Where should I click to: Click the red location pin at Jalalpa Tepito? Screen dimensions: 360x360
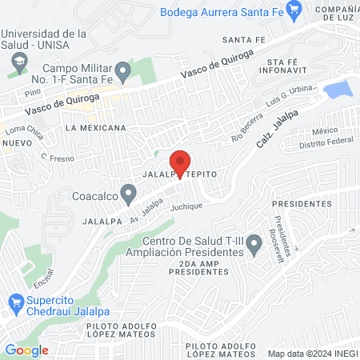[181, 163]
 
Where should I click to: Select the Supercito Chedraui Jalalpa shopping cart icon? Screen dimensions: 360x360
[14, 302]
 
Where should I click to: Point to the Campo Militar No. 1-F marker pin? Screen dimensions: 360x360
[122, 72]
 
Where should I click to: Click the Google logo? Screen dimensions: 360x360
[26, 350]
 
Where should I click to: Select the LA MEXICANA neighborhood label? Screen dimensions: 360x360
[97, 128]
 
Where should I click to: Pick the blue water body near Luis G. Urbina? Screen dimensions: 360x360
[338, 88]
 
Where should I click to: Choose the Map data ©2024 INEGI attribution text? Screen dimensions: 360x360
[311, 353]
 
